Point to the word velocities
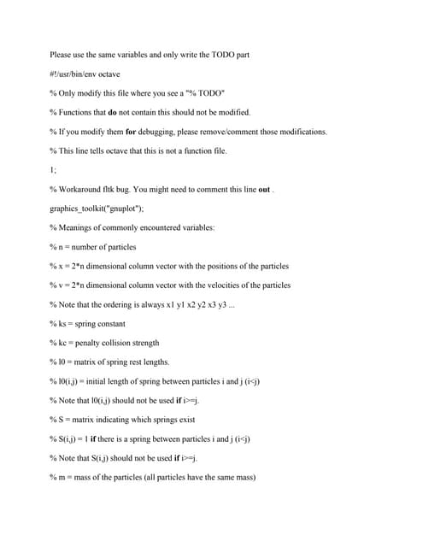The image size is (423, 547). tap(220, 285)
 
